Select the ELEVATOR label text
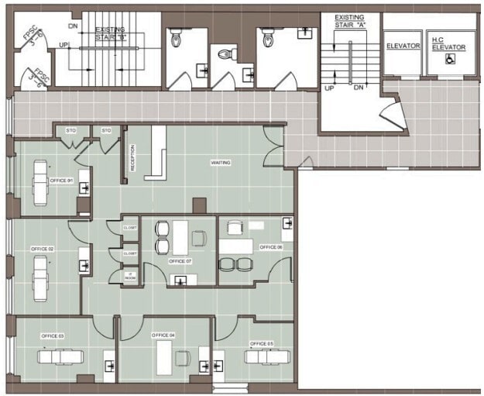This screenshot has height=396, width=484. pos(403,46)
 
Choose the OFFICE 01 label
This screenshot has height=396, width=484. pos(61,181)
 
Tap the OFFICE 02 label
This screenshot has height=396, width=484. pos(42,249)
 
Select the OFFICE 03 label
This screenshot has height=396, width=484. pos(52,336)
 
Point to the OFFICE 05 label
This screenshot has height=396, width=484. pos(262,343)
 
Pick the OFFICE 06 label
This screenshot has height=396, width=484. pos(270,247)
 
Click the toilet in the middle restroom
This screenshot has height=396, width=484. pos(226,54)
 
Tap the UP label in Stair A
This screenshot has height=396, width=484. pos(329,88)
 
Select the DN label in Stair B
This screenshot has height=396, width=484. pos(73,26)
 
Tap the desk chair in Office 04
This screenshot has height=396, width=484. pos(183,357)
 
